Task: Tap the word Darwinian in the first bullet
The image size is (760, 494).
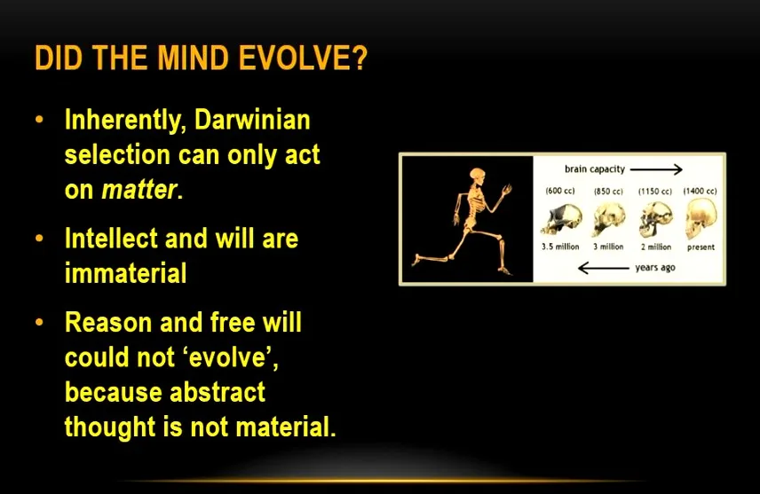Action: [252, 120]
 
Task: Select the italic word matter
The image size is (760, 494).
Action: [139, 190]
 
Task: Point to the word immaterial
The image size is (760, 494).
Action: [125, 272]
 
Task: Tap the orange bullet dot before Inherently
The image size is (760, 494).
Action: [40, 119]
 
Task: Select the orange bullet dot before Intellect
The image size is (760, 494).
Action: [40, 239]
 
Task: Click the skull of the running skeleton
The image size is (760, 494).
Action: [478, 175]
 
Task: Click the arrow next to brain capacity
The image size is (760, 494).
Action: [656, 169]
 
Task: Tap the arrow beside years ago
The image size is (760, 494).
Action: [604, 268]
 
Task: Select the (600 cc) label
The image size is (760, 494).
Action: [560, 191]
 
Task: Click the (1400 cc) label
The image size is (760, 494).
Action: [700, 191]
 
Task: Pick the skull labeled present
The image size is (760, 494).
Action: [701, 219]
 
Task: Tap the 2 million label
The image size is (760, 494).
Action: [656, 247]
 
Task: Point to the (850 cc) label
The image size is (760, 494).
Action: [608, 192]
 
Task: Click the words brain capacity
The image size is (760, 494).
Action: [595, 169]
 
